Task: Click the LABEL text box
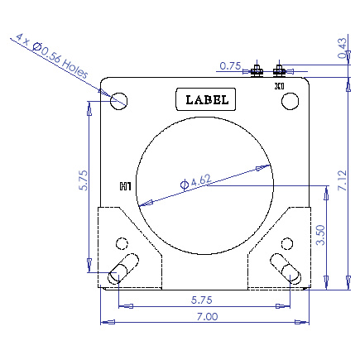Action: [206, 99]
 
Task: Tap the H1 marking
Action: [126, 187]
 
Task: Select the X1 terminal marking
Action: [280, 85]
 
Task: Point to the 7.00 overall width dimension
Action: [205, 316]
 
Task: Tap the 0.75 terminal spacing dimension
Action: [230, 66]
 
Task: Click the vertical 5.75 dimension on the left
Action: [82, 181]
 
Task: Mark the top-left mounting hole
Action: [118, 101]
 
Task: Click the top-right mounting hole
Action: [290, 100]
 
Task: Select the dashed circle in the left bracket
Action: [122, 243]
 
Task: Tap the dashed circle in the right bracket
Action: [287, 243]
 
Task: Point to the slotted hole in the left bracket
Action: [122, 268]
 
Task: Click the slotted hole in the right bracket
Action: [287, 268]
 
